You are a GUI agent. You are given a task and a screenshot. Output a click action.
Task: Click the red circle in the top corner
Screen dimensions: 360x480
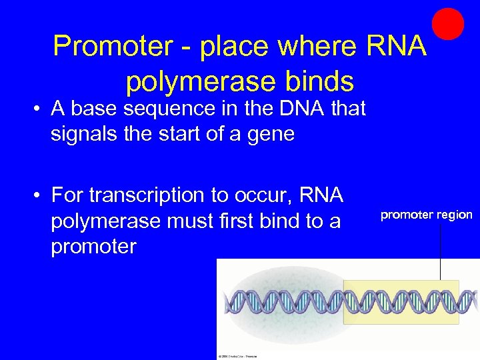(x=448, y=24)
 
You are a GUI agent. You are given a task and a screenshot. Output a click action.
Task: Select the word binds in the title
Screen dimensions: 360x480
(x=317, y=81)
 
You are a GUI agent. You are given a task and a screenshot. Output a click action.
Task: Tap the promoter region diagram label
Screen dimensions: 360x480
(x=426, y=215)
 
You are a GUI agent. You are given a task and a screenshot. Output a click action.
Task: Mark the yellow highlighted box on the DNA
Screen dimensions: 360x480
(x=401, y=302)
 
